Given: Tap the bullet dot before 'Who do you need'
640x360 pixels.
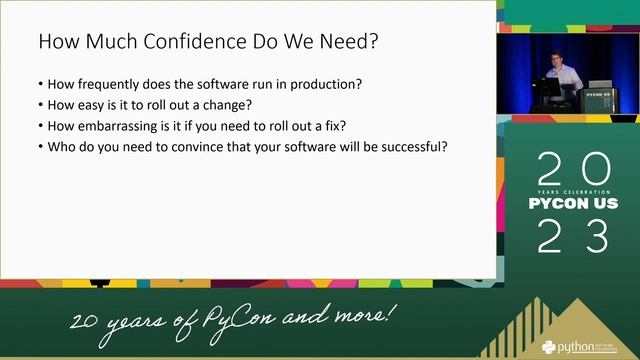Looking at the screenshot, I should [39, 147].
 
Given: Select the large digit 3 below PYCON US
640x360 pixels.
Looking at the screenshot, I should [596, 237].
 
